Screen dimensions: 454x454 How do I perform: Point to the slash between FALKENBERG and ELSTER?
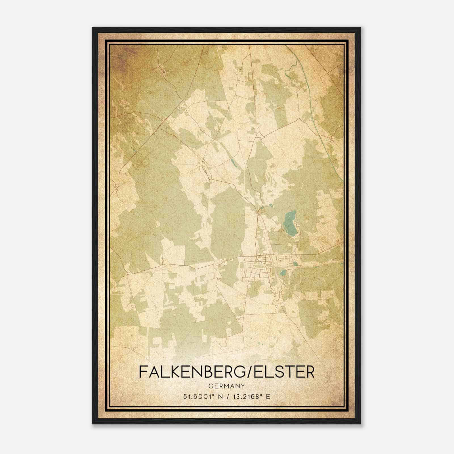pyautogui.click(x=249, y=372)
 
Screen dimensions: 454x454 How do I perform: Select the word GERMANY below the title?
pyautogui.click(x=227, y=386)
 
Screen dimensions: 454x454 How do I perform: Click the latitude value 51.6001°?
pyautogui.click(x=198, y=396)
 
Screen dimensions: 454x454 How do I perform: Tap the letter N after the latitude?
pyautogui.click(x=220, y=396)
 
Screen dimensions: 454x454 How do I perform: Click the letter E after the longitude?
pyautogui.click(x=268, y=396)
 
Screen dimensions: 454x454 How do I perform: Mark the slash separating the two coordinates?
pyautogui.click(x=228, y=396)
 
